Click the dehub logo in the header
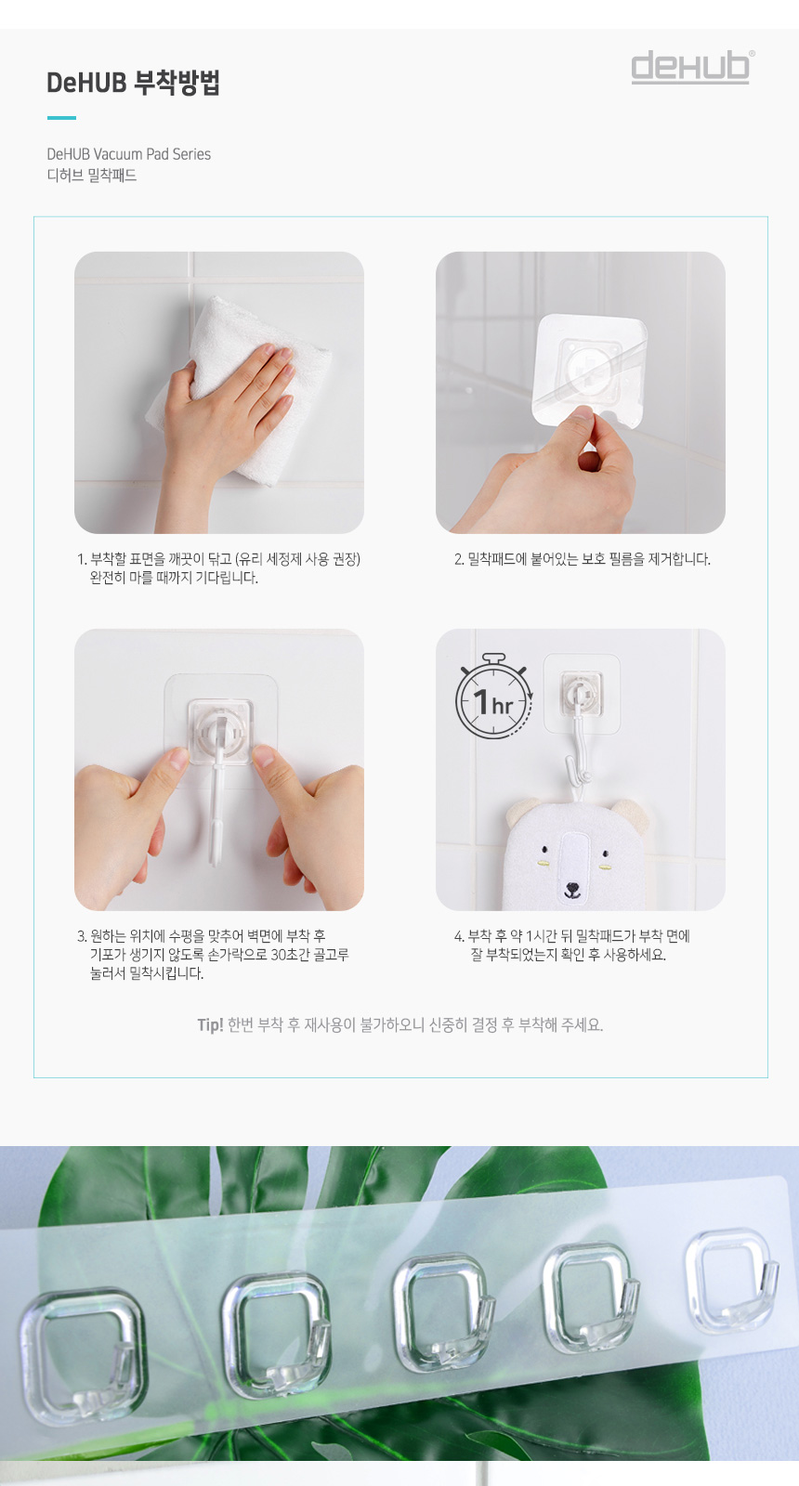point(691,67)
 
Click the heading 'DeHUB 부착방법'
point(133,83)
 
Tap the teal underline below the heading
point(61,118)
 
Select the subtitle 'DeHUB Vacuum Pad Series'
point(129,154)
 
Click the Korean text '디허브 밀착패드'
point(92,176)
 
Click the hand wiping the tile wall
point(226,405)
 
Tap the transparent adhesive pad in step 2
point(589,369)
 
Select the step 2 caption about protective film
point(582,559)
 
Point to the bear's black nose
point(571,886)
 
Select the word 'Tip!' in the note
point(210,1025)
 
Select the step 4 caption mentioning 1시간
point(572,945)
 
